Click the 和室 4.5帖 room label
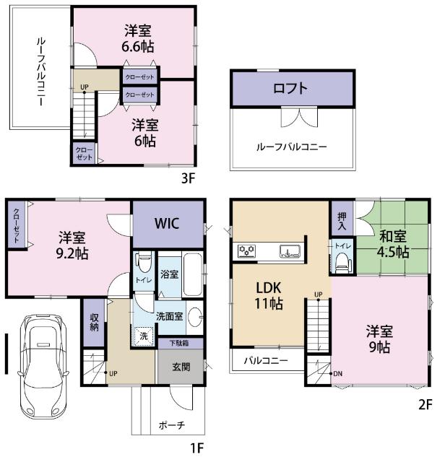pos(393,243)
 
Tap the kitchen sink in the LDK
pos(292,252)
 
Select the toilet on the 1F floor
pos(143,262)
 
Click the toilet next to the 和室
pos(341,264)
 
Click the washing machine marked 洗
pos(144,336)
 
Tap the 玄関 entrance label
pos(181,367)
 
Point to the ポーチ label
pos(171,425)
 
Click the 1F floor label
pos(197,448)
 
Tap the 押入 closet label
pos(341,221)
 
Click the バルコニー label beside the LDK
pos(265,359)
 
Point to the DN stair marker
pos(338,374)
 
